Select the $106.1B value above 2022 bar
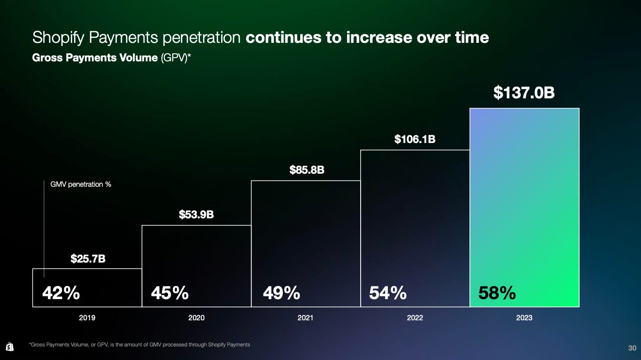coord(415,139)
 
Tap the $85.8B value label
coord(307,171)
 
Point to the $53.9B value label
coord(196,214)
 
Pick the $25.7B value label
coord(88,259)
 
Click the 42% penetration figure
coord(61,294)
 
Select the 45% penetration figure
coord(170,294)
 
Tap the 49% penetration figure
coord(281,294)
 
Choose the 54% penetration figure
coord(388,294)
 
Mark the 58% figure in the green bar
coord(497,294)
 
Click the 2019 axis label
coord(87,318)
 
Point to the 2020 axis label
coord(196,318)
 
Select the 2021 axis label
coord(306,318)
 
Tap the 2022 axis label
coord(415,318)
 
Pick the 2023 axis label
coord(524,318)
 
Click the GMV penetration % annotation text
coord(80,185)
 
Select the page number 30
coord(632,348)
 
